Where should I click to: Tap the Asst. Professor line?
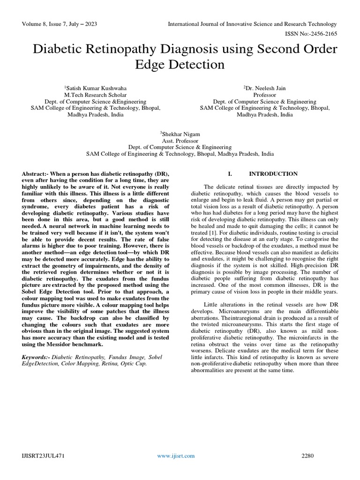click(x=180, y=141)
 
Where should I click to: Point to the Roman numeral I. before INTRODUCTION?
click(x=231, y=174)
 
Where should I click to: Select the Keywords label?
click(x=36, y=357)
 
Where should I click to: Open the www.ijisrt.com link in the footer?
click(x=176, y=456)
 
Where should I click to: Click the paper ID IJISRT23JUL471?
click(x=43, y=456)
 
